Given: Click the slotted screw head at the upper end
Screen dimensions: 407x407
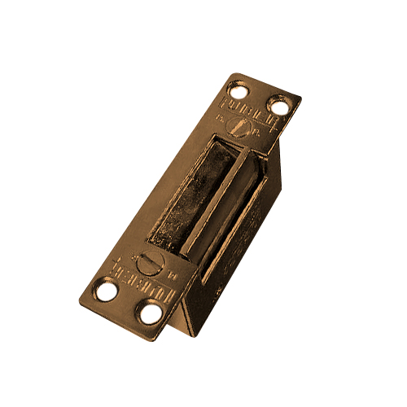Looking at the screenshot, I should [237, 127].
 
